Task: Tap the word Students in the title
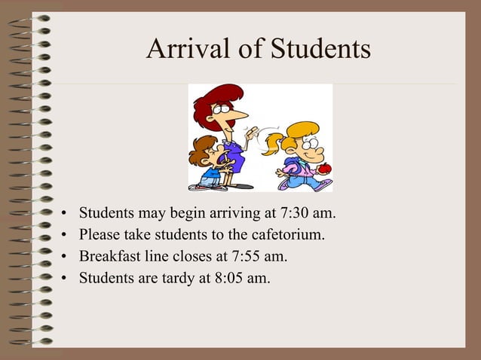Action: pyautogui.click(x=321, y=49)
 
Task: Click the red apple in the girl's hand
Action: pyautogui.click(x=324, y=169)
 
